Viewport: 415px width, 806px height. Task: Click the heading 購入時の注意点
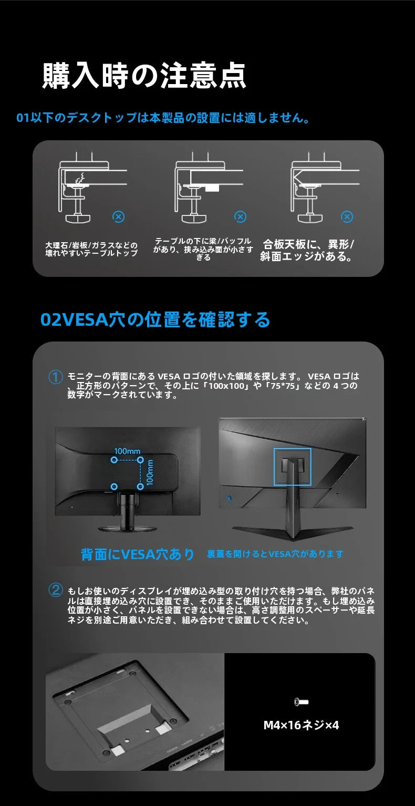[x=144, y=75]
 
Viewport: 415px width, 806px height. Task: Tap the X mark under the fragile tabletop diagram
[x=118, y=216]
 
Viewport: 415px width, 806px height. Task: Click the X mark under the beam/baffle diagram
[x=240, y=216]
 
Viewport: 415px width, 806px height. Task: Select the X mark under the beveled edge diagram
[x=347, y=216]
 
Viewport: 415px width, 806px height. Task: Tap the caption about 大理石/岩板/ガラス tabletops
[x=91, y=249]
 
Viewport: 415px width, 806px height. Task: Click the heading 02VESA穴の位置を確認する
[x=155, y=319]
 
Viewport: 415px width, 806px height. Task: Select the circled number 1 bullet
[x=55, y=377]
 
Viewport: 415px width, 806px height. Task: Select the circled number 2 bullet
[x=55, y=590]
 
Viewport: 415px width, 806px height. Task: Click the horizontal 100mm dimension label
[x=127, y=451]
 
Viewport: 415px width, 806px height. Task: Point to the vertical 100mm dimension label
[x=150, y=473]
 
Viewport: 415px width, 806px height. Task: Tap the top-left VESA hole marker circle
[x=114, y=460]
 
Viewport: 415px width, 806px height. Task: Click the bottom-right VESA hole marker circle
[x=140, y=487]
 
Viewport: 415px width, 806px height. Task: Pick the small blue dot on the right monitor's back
[x=230, y=498]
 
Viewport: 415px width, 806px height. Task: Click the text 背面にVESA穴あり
[x=138, y=554]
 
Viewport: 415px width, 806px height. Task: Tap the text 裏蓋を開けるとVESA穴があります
[x=275, y=554]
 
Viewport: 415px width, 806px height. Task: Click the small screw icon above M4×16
[x=301, y=701]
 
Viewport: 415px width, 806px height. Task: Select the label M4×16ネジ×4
[x=301, y=725]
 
